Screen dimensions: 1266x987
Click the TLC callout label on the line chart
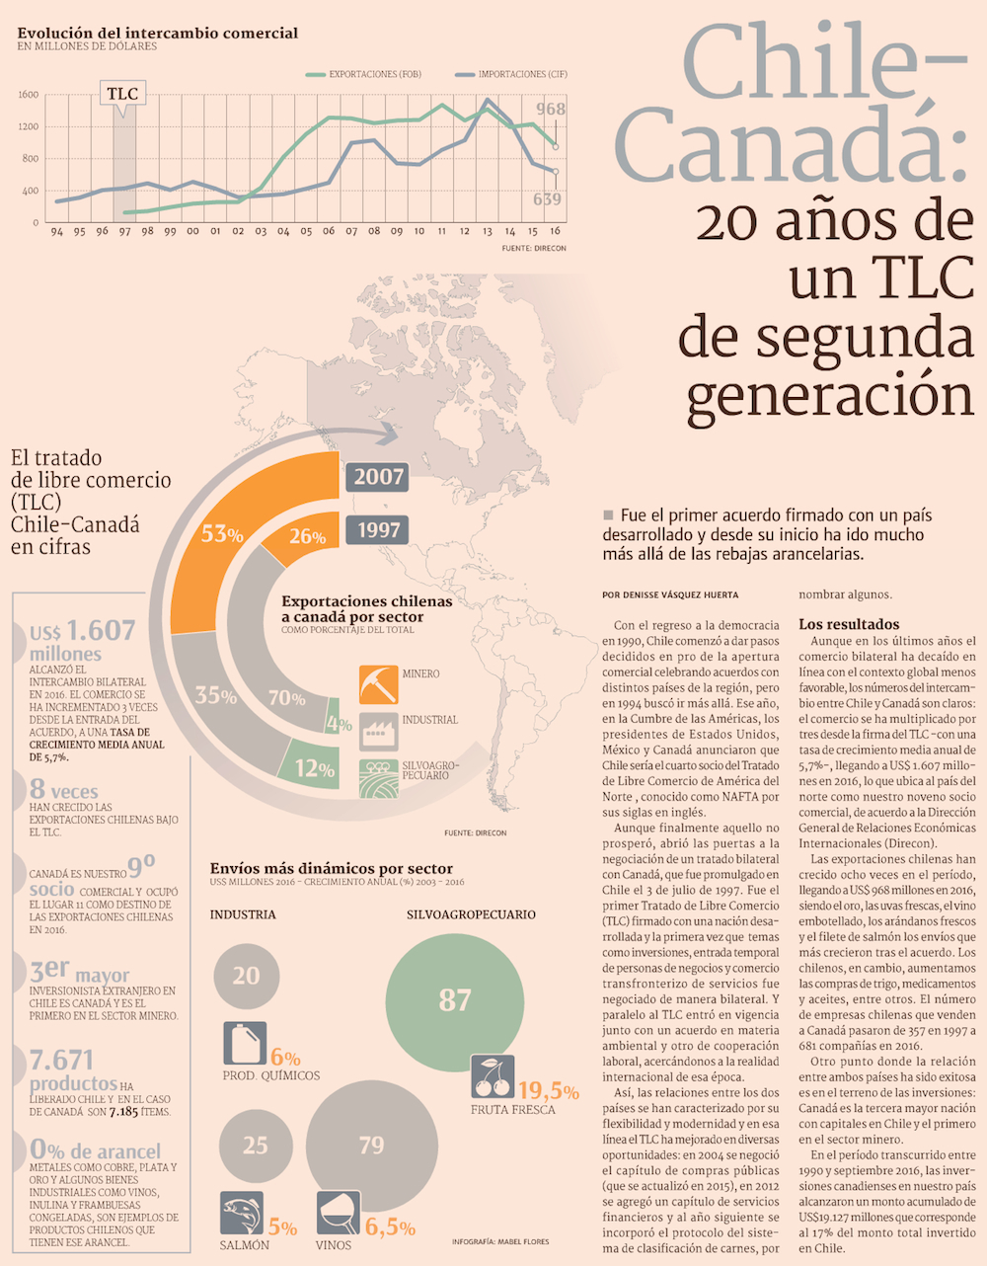point(122,94)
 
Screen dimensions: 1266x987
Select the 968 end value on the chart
point(551,109)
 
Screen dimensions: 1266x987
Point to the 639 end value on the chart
point(547,199)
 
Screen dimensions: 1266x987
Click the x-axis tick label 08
point(374,231)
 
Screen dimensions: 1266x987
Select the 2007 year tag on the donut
point(379,477)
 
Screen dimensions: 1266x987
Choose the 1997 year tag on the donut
point(379,530)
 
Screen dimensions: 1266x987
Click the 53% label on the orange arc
point(222,534)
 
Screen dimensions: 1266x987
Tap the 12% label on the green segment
point(314,768)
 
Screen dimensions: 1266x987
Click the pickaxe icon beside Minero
point(378,683)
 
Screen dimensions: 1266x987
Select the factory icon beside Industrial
point(378,731)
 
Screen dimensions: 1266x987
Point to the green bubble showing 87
point(454,1000)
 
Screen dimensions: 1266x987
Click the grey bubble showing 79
point(371,1146)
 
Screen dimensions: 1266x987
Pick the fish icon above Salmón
point(241,1213)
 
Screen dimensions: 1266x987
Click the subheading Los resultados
point(849,624)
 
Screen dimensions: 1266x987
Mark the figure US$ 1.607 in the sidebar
point(83,630)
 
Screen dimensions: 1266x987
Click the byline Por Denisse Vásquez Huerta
point(669,594)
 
